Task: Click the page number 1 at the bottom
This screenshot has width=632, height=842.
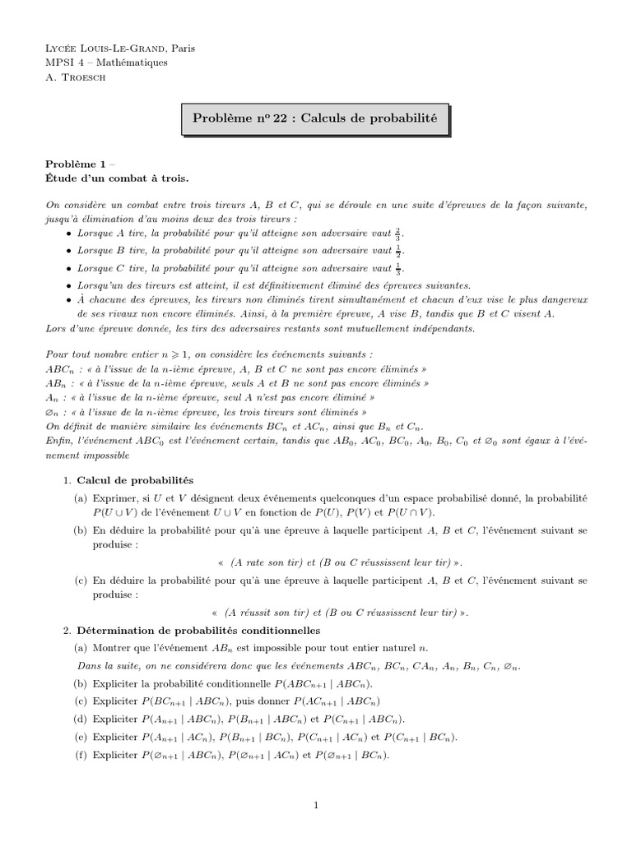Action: click(316, 805)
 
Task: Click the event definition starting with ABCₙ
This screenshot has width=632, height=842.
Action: click(238, 369)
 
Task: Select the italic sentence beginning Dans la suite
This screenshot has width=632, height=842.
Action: click(300, 665)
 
